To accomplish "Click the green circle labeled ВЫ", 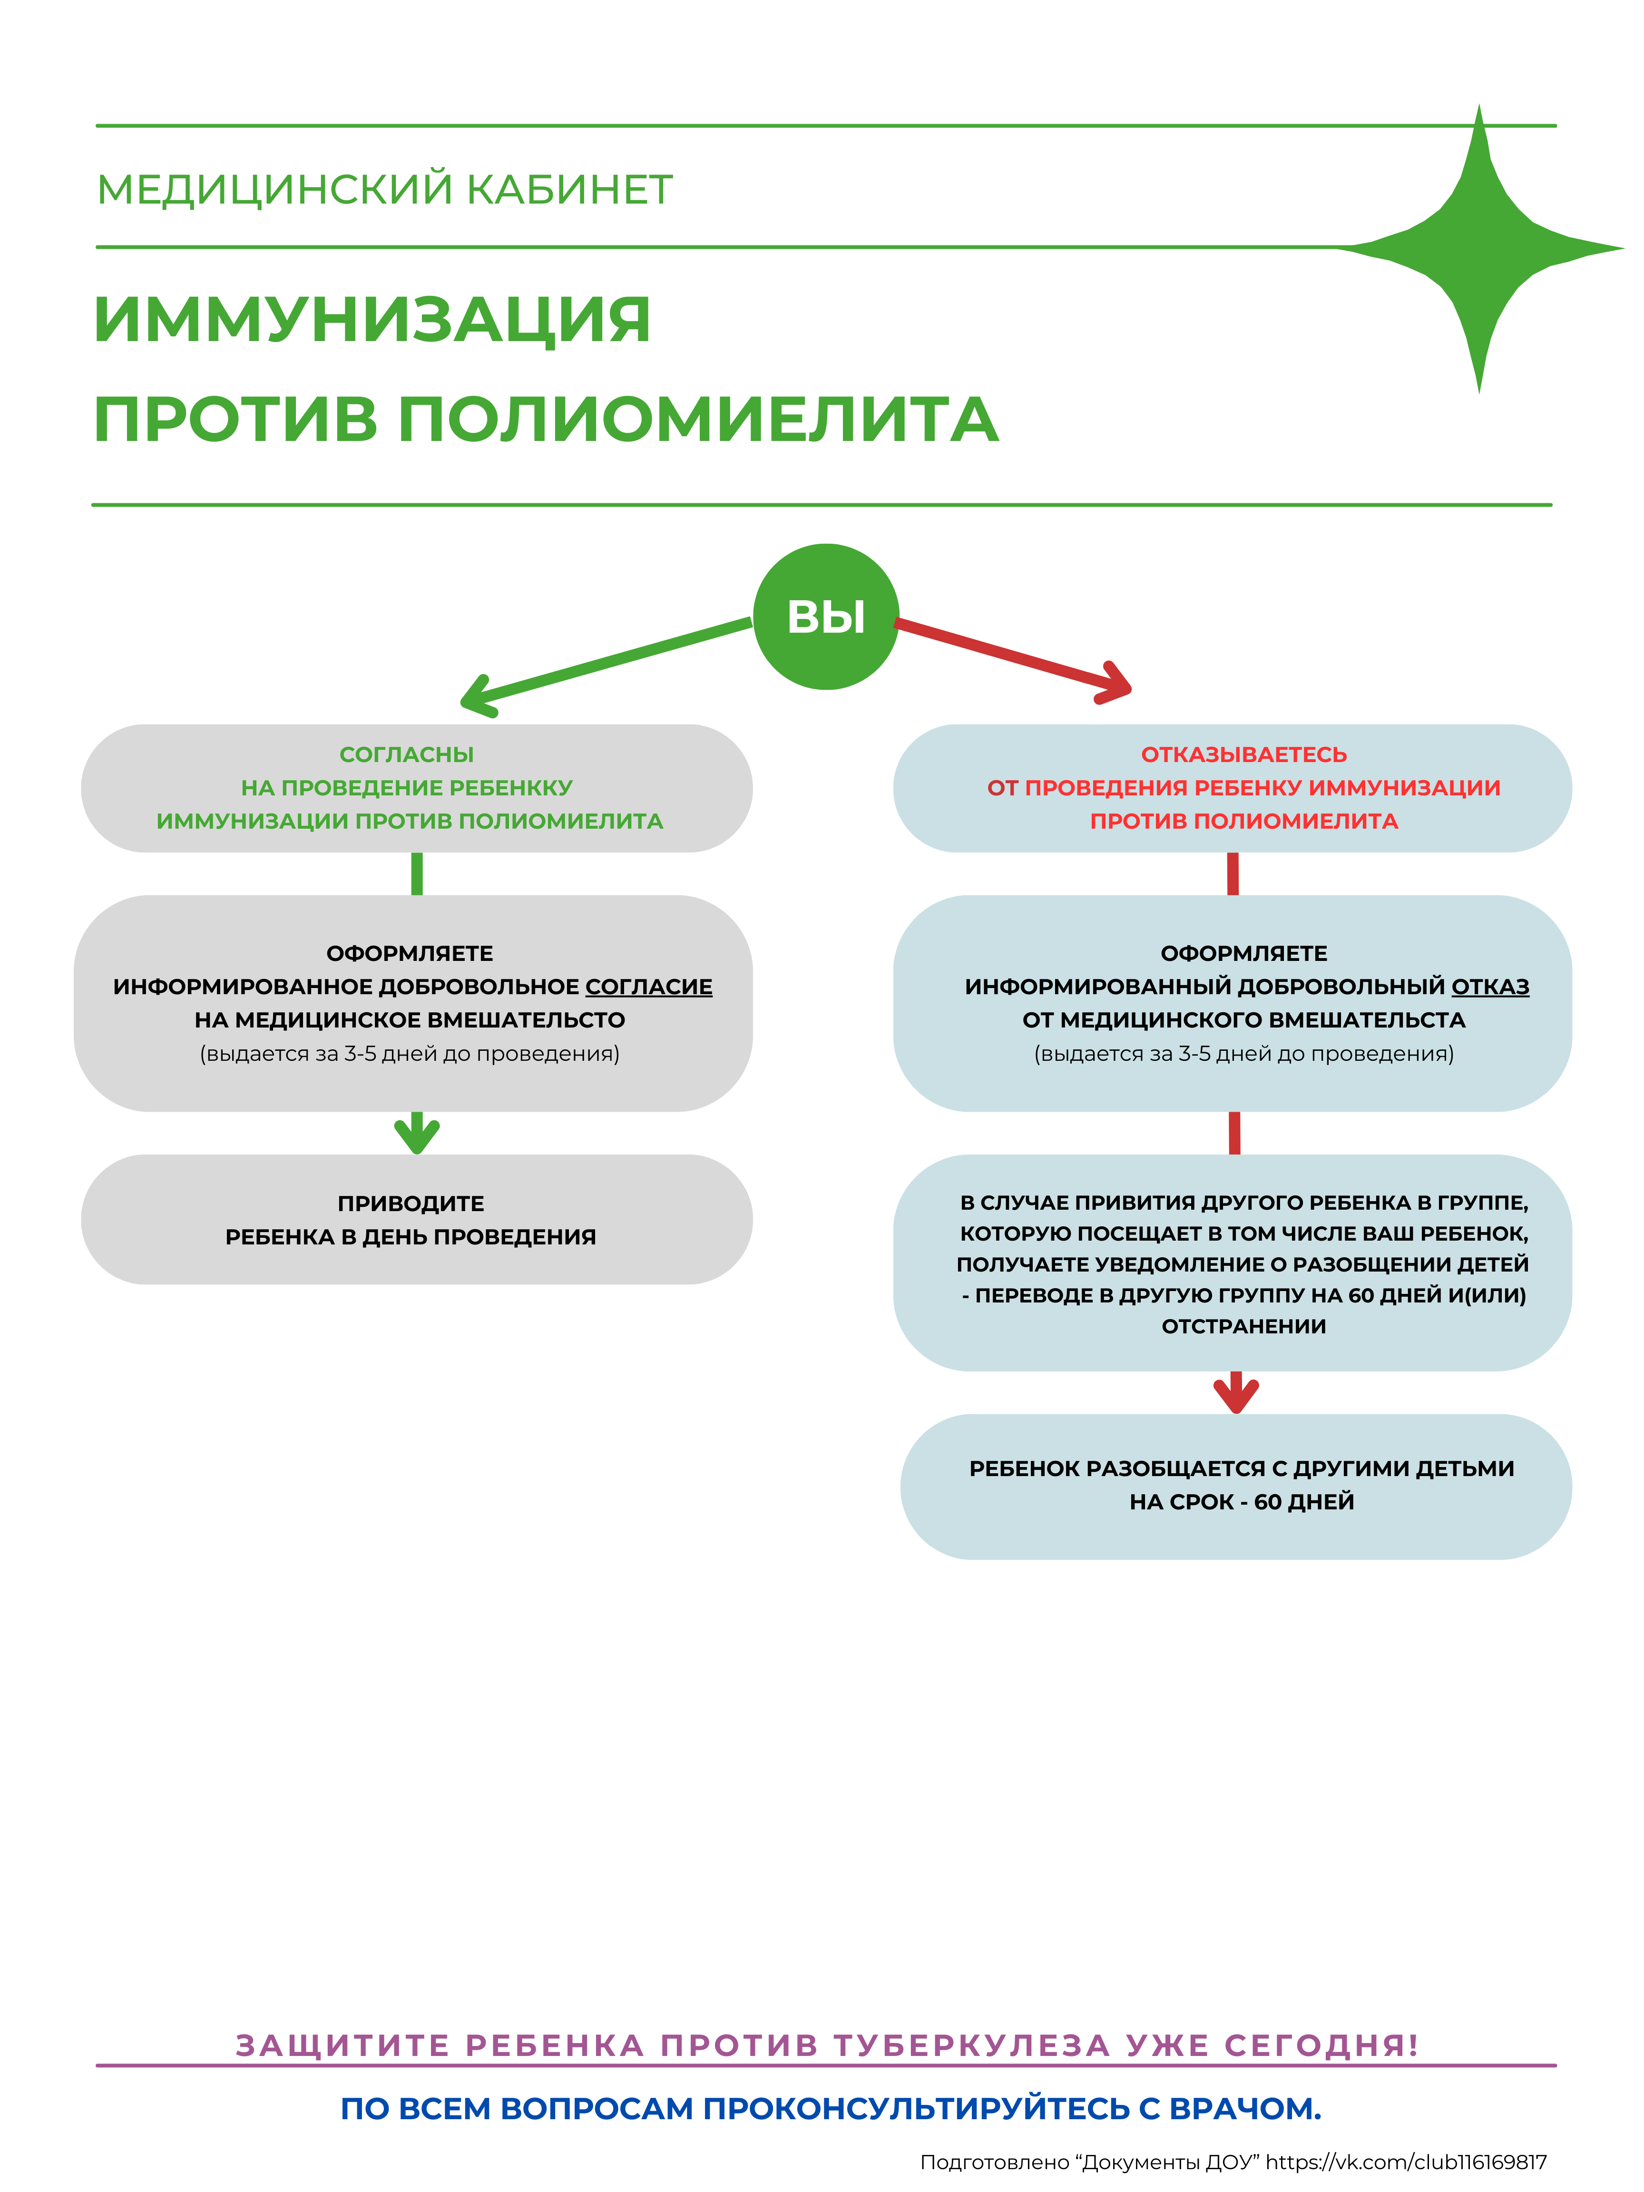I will click(x=825, y=616).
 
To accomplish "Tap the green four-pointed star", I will click(x=1478, y=248).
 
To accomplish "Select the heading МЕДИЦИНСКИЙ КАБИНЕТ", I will click(x=384, y=189).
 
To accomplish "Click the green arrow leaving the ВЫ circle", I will click(x=605, y=664).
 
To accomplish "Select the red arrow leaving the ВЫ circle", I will click(x=1011, y=654).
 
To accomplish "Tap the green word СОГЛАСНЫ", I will click(x=406, y=754).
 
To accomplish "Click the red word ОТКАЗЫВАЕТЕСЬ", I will click(x=1243, y=754).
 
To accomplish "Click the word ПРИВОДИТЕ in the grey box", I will click(x=410, y=1203).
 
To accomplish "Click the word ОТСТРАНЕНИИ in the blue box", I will click(x=1243, y=1326).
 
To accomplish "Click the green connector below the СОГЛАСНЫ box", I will click(x=417, y=873).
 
